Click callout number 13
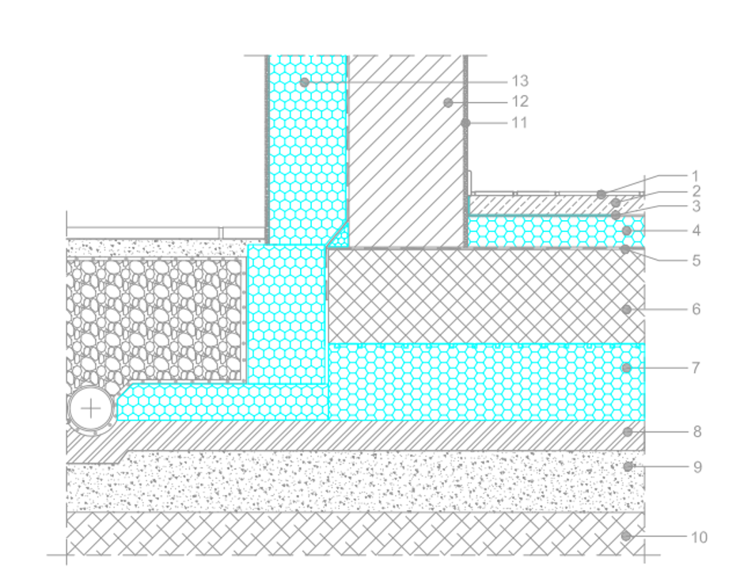click(519, 81)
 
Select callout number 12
click(519, 101)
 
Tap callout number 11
click(519, 123)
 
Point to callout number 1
click(695, 176)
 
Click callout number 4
click(695, 230)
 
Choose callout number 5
click(696, 260)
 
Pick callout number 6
click(696, 309)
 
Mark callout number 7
click(696, 367)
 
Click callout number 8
click(697, 432)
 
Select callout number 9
click(697, 467)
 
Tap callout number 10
click(699, 537)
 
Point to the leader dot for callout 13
click(305, 82)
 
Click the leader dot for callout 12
click(448, 102)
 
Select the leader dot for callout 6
click(627, 310)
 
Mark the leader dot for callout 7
click(627, 367)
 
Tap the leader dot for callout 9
click(628, 467)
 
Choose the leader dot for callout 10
click(626, 536)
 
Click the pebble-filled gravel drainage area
click(154, 317)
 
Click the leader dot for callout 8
click(628, 432)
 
